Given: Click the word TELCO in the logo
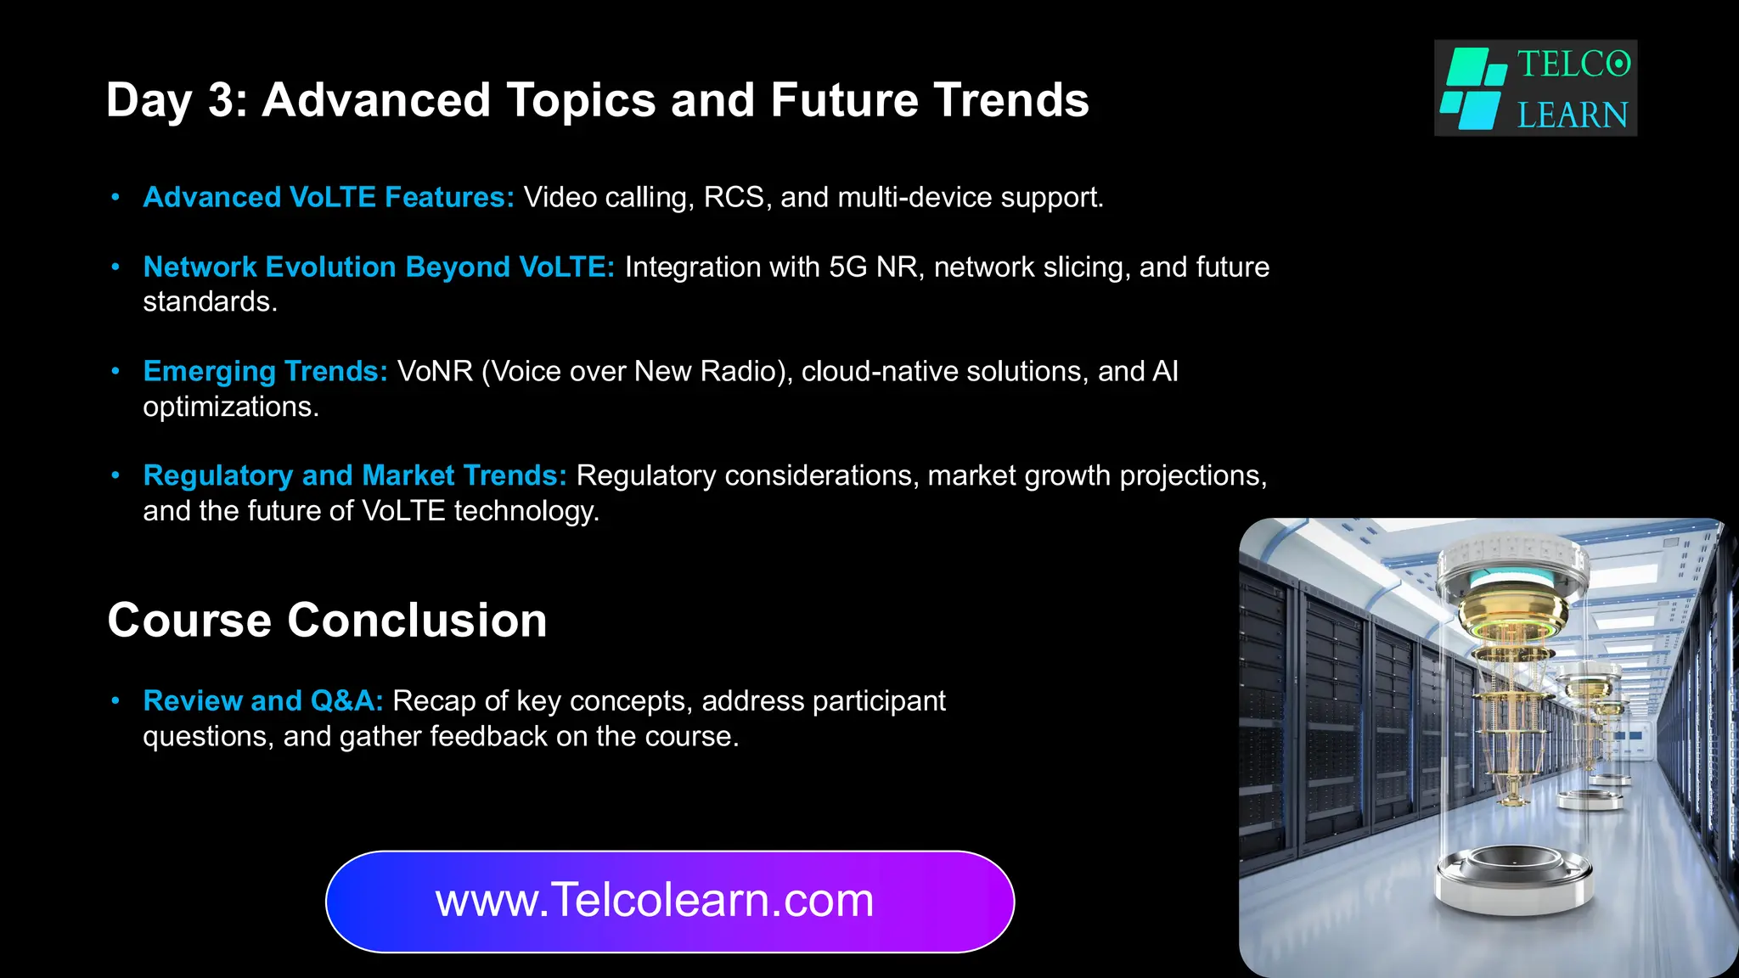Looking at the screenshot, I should [1573, 65].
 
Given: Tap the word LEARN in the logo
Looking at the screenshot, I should [1573, 115].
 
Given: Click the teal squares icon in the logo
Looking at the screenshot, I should [1473, 88].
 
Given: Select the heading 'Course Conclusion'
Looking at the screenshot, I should [327, 620].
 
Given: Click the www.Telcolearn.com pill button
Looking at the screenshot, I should [670, 901].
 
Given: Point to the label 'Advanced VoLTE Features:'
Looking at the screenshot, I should [329, 197].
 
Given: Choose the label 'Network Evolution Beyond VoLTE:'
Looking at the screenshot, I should [379, 267].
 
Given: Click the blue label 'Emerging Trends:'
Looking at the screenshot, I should [265, 371].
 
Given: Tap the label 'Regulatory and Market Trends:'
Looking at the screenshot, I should [354, 475].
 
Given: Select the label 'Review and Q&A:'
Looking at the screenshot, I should [263, 700].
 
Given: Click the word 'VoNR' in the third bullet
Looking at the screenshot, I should [435, 371].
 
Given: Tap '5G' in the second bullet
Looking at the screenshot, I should [848, 267].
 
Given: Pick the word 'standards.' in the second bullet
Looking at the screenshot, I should [210, 301].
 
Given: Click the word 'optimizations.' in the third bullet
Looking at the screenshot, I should [231, 407].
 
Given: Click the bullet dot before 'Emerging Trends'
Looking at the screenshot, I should [115, 371].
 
